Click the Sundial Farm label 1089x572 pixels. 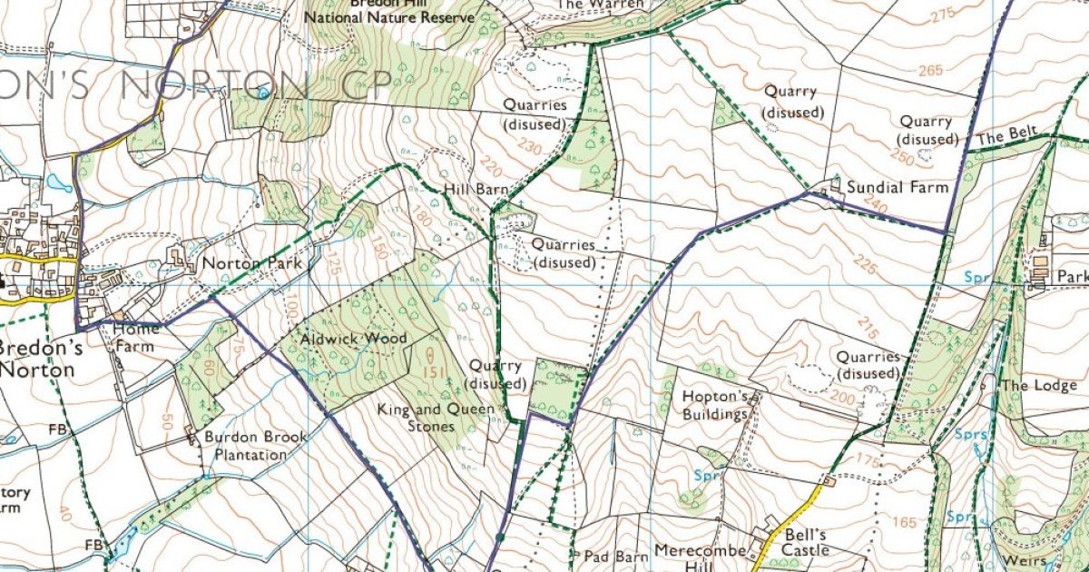[897, 187]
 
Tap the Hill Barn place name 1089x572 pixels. [476, 190]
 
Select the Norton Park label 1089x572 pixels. [250, 264]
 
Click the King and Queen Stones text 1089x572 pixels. [437, 418]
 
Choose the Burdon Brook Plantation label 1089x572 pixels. [255, 445]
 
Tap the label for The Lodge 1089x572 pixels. [1038, 385]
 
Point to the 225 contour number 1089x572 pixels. [865, 267]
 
